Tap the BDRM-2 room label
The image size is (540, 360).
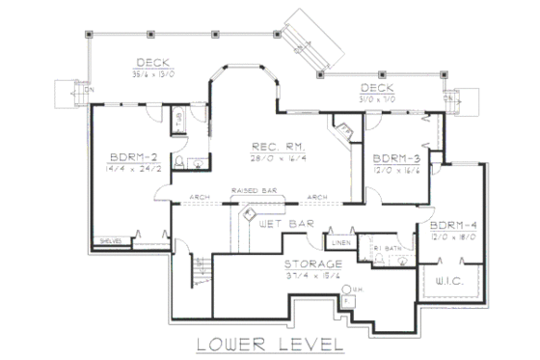pyautogui.click(x=128, y=157)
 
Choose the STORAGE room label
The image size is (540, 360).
pyautogui.click(x=310, y=263)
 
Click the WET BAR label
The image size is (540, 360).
pyautogui.click(x=286, y=223)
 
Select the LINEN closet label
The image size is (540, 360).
pyautogui.click(x=339, y=242)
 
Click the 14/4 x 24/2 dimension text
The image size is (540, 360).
pyautogui.click(x=128, y=169)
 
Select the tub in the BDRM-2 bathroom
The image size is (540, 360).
pyautogui.click(x=178, y=122)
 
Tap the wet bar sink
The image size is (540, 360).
pyautogui.click(x=248, y=220)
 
